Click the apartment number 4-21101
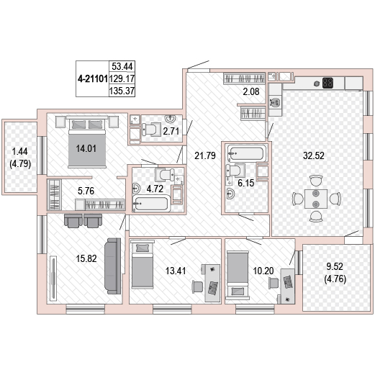point(93,78)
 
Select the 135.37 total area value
point(122,91)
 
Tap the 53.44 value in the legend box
point(122,66)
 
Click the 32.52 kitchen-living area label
point(314,155)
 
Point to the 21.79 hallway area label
point(205,155)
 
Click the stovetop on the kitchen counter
point(327,83)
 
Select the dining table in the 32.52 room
point(316,199)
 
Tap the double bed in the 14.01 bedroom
point(87,142)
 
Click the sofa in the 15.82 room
point(113,266)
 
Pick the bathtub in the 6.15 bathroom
point(247,153)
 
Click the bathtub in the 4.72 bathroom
point(151,204)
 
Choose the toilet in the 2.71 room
point(152,130)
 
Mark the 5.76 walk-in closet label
point(86,191)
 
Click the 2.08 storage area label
point(251,91)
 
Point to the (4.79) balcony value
point(20,164)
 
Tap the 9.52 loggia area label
point(335,266)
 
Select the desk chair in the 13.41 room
point(197,286)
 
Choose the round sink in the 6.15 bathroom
point(230,194)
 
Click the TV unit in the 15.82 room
point(53,279)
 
